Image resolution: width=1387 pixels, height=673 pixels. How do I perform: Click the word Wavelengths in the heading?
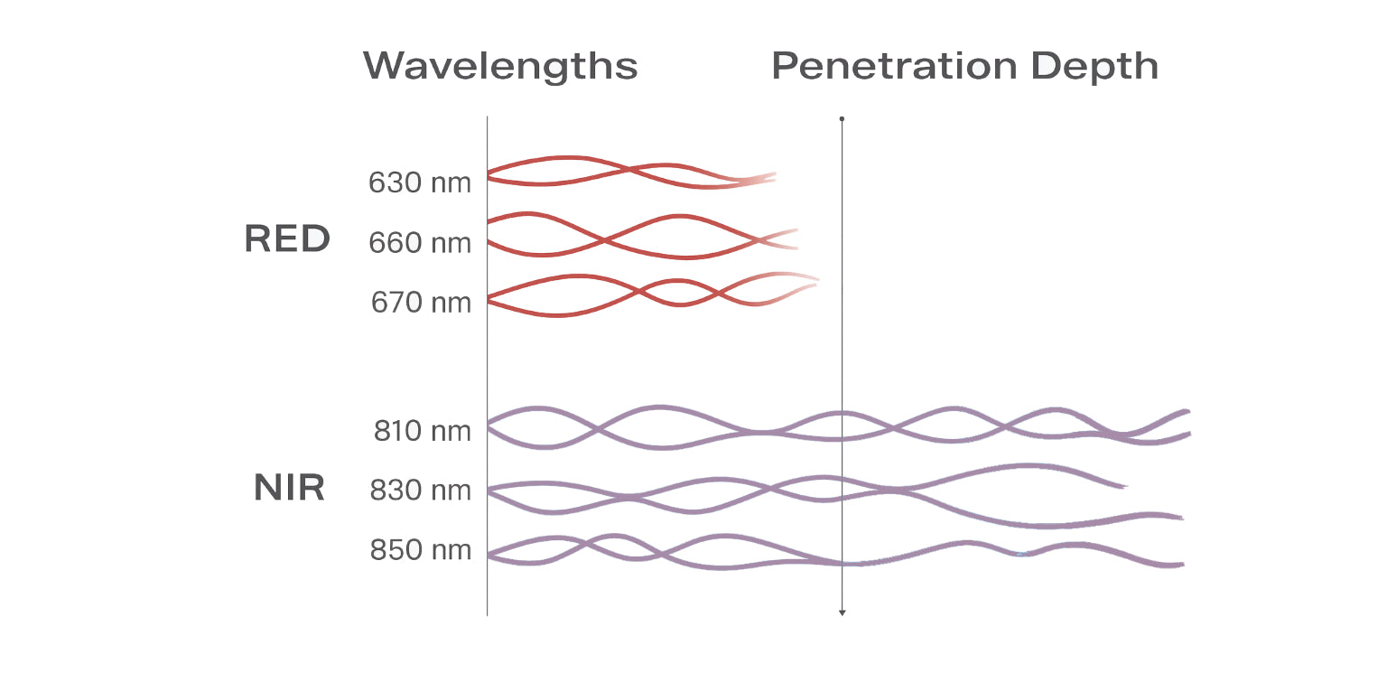(500, 66)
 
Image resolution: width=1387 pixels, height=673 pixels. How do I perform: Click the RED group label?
(287, 239)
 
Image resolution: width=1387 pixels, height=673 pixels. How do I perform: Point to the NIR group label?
(289, 488)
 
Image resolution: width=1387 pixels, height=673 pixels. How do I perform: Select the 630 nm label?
(420, 183)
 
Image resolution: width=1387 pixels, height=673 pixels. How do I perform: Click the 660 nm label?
(420, 243)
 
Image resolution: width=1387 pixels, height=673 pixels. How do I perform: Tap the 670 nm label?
(421, 303)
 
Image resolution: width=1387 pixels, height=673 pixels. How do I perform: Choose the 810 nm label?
(423, 431)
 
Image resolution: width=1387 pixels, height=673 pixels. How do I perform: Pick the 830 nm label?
(421, 491)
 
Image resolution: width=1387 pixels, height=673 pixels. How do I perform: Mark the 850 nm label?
(421, 550)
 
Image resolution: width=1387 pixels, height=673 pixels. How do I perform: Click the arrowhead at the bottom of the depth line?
(842, 612)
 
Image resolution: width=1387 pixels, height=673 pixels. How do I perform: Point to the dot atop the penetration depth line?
(842, 118)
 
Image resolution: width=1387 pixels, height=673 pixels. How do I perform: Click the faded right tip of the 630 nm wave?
(772, 177)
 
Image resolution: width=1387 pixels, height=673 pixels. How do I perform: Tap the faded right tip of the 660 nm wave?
(795, 238)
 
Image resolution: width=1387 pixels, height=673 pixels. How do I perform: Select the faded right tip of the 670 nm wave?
(815, 282)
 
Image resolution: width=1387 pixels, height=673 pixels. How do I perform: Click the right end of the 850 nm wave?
(1180, 565)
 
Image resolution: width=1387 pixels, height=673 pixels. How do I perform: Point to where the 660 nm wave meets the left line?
(489, 231)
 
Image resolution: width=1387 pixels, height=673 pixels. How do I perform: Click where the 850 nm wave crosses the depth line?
(842, 562)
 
